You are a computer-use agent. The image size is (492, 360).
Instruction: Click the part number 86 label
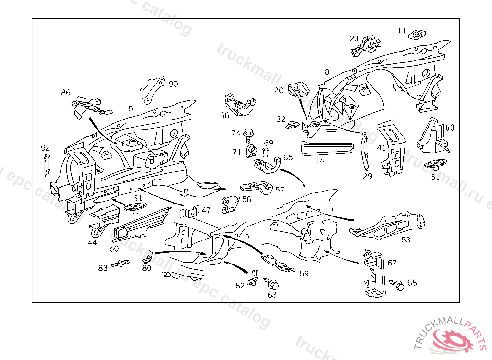click(x=66, y=92)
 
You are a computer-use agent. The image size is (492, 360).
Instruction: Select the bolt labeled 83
click(x=120, y=263)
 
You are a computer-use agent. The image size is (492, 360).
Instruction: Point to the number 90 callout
click(x=173, y=84)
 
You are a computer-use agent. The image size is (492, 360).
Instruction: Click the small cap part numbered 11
click(x=417, y=35)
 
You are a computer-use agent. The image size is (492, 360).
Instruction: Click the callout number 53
click(x=406, y=240)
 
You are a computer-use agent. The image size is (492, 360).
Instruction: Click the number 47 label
click(x=206, y=210)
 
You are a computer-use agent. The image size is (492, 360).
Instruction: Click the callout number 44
click(x=92, y=242)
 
